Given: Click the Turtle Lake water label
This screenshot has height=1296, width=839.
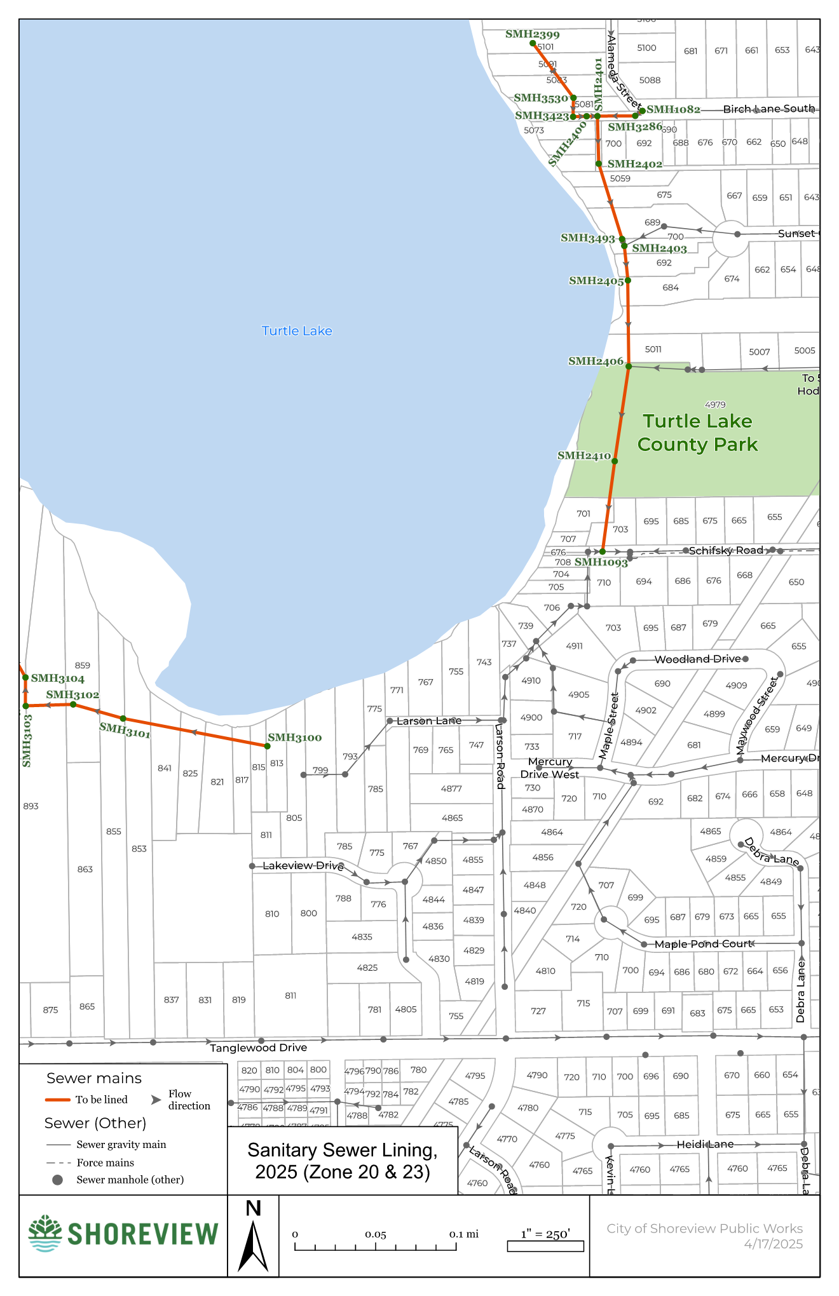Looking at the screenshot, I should click(297, 331).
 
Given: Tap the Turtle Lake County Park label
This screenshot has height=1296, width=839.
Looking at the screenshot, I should click(697, 433).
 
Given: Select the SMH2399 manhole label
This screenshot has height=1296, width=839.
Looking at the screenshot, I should click(532, 34).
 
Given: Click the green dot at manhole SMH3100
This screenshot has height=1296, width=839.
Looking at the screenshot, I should click(268, 746).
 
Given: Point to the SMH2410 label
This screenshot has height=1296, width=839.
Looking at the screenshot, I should click(583, 456).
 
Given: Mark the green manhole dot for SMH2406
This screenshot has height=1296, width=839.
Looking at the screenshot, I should click(629, 367).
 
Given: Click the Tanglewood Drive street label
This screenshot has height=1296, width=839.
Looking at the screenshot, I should click(258, 1048).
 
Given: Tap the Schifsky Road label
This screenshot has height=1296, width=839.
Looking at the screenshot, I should click(725, 550).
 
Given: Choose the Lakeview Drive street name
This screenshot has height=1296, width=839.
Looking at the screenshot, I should click(303, 865).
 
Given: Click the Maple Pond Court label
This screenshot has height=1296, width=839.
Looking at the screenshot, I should click(703, 944).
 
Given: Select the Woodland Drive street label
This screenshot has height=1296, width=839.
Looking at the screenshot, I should click(697, 659).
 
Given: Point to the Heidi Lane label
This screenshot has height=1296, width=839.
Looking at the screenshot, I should click(704, 1144).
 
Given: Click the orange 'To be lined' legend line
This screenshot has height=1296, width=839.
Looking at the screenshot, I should click(57, 1100).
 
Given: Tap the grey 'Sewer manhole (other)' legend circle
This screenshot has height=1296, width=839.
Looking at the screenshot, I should click(57, 1180).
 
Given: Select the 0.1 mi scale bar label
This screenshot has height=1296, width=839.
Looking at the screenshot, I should click(463, 1234).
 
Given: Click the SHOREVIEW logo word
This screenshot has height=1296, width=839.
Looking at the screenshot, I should click(142, 1234).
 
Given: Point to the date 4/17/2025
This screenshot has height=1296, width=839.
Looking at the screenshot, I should click(773, 1244).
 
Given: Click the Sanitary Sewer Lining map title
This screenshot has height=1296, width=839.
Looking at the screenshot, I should click(343, 1161).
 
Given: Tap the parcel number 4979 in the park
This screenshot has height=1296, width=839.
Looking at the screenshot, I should click(715, 405).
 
